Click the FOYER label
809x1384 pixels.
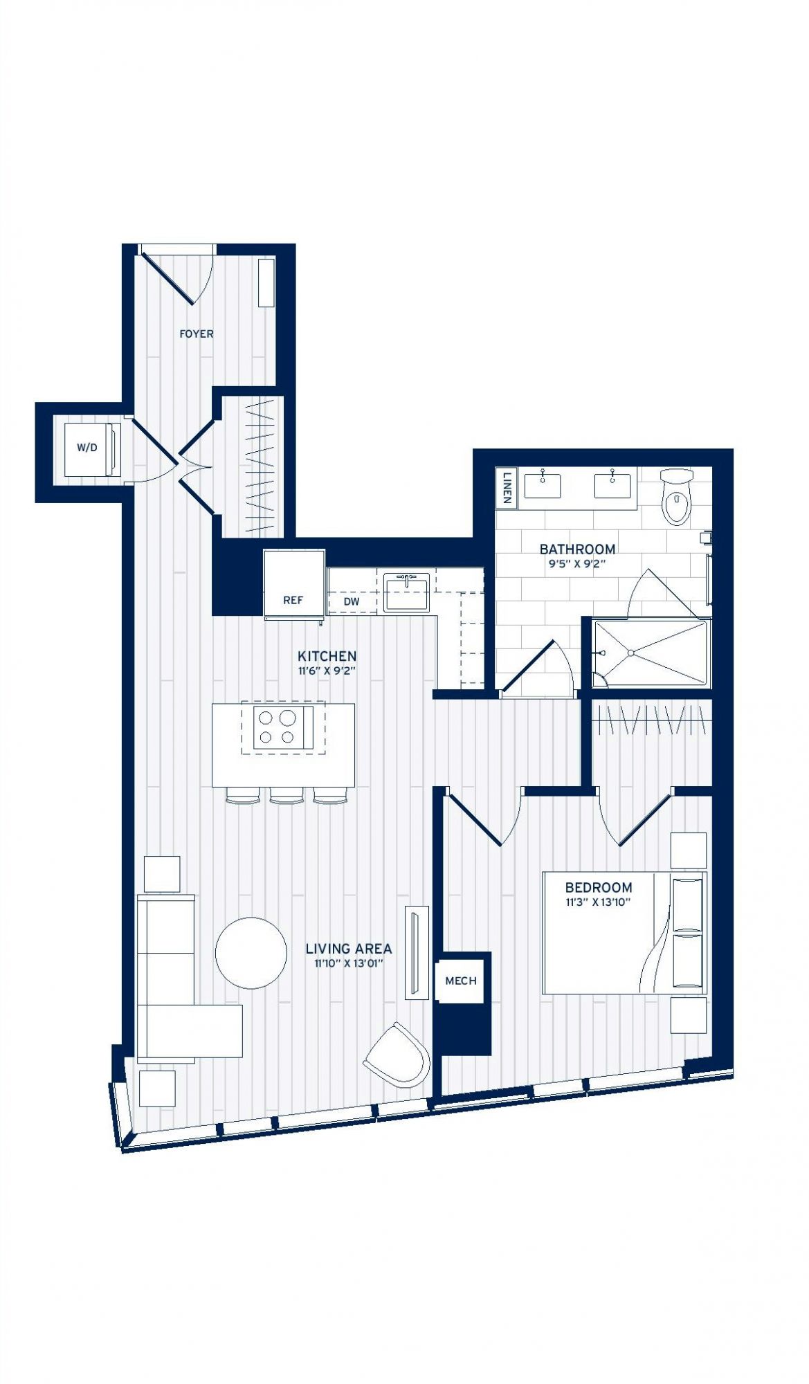pos(197,334)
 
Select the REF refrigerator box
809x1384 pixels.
pos(294,582)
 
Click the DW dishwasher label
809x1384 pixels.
pos(352,601)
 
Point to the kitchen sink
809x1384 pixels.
pos(406,592)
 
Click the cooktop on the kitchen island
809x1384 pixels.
pos(283,727)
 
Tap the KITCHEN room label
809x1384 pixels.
pos(327,656)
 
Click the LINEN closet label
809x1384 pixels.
pos(507,487)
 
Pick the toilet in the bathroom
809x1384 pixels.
pos(676,495)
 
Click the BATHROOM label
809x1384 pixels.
pos(577,549)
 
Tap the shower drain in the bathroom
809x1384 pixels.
pos(631,653)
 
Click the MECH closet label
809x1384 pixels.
pos(461,981)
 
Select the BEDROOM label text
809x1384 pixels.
pos(599,887)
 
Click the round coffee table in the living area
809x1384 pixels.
pos(251,953)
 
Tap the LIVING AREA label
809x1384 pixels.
pos(349,949)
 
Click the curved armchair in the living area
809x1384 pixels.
pos(397,1055)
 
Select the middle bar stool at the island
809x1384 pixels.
pos(287,796)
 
